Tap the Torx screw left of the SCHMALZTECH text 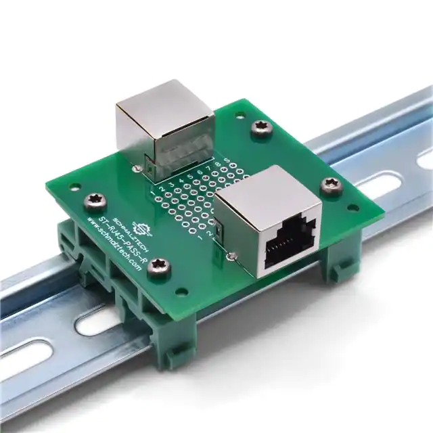tap(93, 200)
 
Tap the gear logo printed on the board tap(141, 222)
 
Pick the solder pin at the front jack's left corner tap(232, 256)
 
